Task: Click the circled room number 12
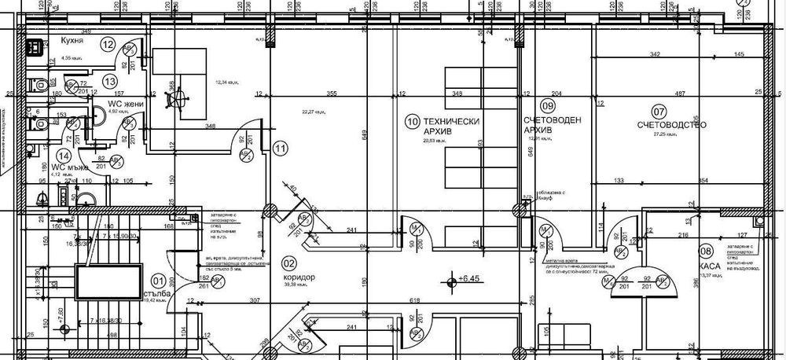[x=108, y=45]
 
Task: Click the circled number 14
[x=53, y=156]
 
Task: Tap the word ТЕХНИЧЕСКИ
[x=451, y=121]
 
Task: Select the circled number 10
[x=411, y=121]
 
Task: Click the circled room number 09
[x=548, y=105]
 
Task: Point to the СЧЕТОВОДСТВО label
[x=674, y=124]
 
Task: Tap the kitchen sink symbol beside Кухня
[x=35, y=48]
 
